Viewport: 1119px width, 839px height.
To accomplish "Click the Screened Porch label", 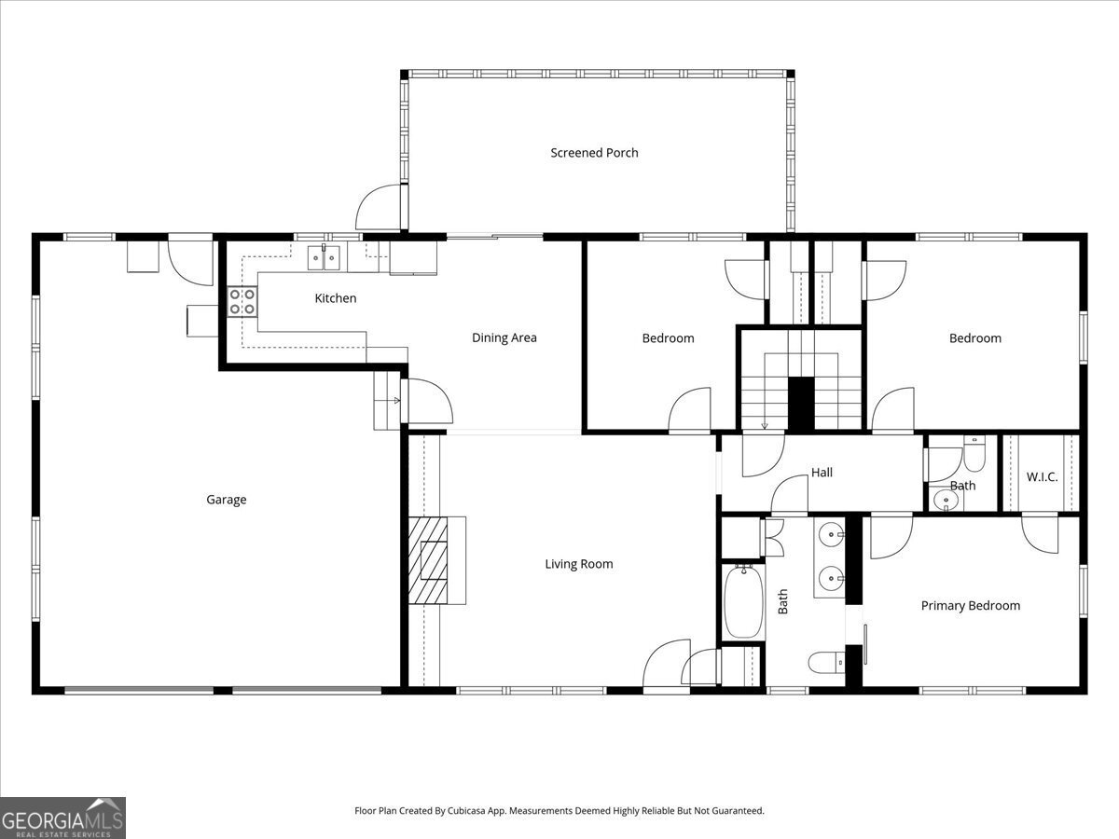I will click(594, 153).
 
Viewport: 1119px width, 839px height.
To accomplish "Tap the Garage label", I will click(227, 500).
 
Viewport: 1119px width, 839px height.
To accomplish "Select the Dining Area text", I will click(504, 337).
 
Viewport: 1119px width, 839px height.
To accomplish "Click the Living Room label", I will click(579, 564).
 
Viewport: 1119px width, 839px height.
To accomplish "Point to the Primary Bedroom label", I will click(970, 606).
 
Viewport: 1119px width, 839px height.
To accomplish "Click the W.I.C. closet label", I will click(1042, 477).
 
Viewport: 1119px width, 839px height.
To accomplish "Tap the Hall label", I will click(822, 473).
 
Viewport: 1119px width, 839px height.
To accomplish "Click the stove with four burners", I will click(242, 301).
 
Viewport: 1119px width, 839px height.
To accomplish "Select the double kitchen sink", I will click(325, 257).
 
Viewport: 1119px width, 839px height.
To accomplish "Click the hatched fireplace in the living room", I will click(436, 561).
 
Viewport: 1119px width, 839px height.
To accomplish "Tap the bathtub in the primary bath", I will click(743, 602).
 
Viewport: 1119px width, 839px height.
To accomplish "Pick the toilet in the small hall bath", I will click(974, 454).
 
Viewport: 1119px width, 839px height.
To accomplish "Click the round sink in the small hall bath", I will click(946, 501).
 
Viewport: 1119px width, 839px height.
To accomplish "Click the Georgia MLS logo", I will click(62, 818).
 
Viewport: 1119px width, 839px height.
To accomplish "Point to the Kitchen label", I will click(336, 298).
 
